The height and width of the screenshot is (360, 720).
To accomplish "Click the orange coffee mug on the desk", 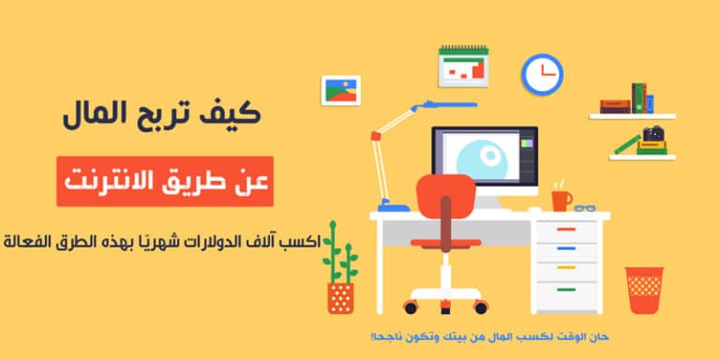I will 561,199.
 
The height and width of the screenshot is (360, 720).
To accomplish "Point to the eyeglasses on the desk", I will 586,207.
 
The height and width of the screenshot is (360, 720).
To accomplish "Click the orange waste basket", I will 644,290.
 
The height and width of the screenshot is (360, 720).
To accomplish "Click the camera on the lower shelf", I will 653,135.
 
